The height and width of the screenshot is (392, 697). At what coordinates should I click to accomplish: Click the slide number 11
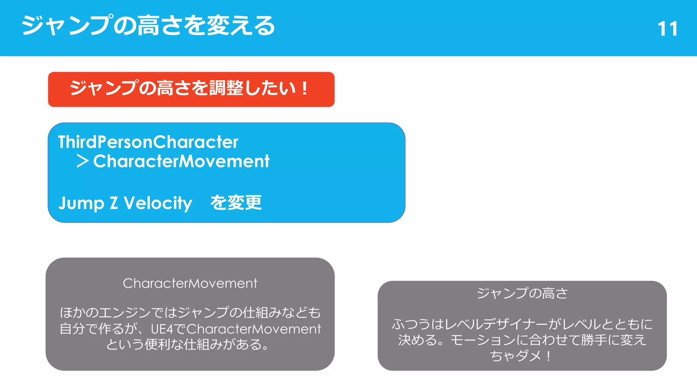667,29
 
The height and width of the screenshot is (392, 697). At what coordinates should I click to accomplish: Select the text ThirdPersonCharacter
148,142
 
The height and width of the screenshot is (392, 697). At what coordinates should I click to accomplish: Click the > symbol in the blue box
82,161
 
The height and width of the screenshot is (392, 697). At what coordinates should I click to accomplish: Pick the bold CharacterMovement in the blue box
181,161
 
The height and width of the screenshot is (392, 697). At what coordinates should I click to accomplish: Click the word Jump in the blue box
81,203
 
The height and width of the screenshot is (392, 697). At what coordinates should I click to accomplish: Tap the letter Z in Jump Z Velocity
114,203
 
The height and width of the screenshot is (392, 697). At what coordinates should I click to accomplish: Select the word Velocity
158,203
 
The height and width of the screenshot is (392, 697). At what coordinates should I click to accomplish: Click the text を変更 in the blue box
236,203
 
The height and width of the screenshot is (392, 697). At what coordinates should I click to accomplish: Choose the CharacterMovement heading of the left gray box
190,283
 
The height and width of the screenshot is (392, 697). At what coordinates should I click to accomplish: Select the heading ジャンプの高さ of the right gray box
522,293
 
